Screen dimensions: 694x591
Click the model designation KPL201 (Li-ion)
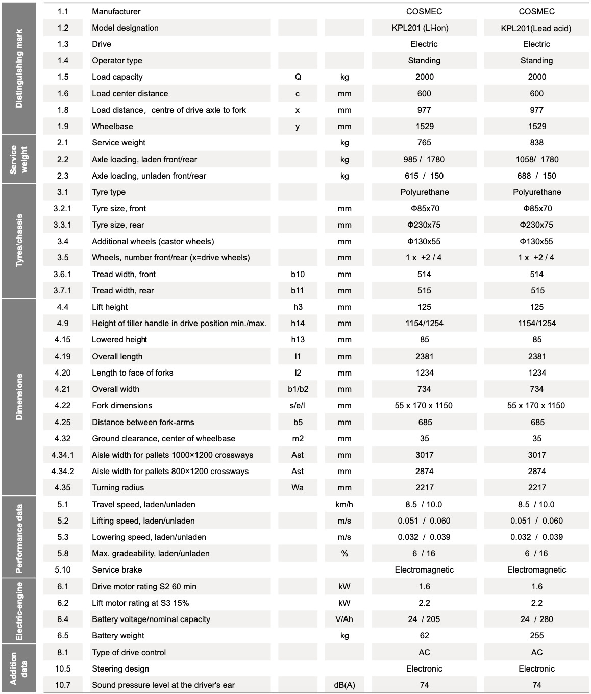pos(424,28)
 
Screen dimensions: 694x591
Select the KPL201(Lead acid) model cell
pos(536,28)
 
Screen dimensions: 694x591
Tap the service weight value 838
pos(536,142)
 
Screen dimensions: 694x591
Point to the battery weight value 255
pos(536,635)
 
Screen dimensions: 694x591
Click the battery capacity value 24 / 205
pos(424,619)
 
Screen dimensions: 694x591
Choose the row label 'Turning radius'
pos(118,487)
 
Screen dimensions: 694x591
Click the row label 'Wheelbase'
pos(112,126)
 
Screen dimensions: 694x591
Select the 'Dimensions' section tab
pos(19,396)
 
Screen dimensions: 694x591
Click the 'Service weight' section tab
pos(19,159)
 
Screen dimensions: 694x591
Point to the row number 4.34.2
pos(63,471)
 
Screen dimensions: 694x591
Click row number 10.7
pos(63,685)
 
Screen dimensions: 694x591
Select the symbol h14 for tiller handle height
pos(298,323)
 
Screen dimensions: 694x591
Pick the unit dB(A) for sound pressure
pos(344,685)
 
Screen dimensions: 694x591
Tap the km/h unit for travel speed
pos(344,504)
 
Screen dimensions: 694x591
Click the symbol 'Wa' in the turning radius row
pos(298,487)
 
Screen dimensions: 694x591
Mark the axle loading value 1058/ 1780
pos(536,159)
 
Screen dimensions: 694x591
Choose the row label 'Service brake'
pos(117,569)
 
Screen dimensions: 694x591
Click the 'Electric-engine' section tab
pos(19,611)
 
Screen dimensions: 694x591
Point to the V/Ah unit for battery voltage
pos(344,619)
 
